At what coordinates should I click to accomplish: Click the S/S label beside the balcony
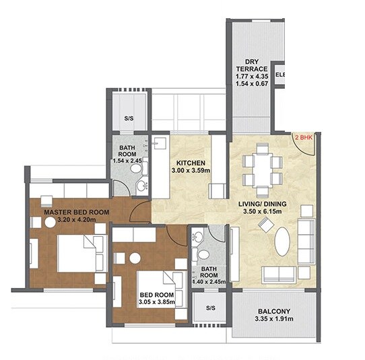click(x=210, y=309)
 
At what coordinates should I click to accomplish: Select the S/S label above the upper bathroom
click(x=129, y=119)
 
